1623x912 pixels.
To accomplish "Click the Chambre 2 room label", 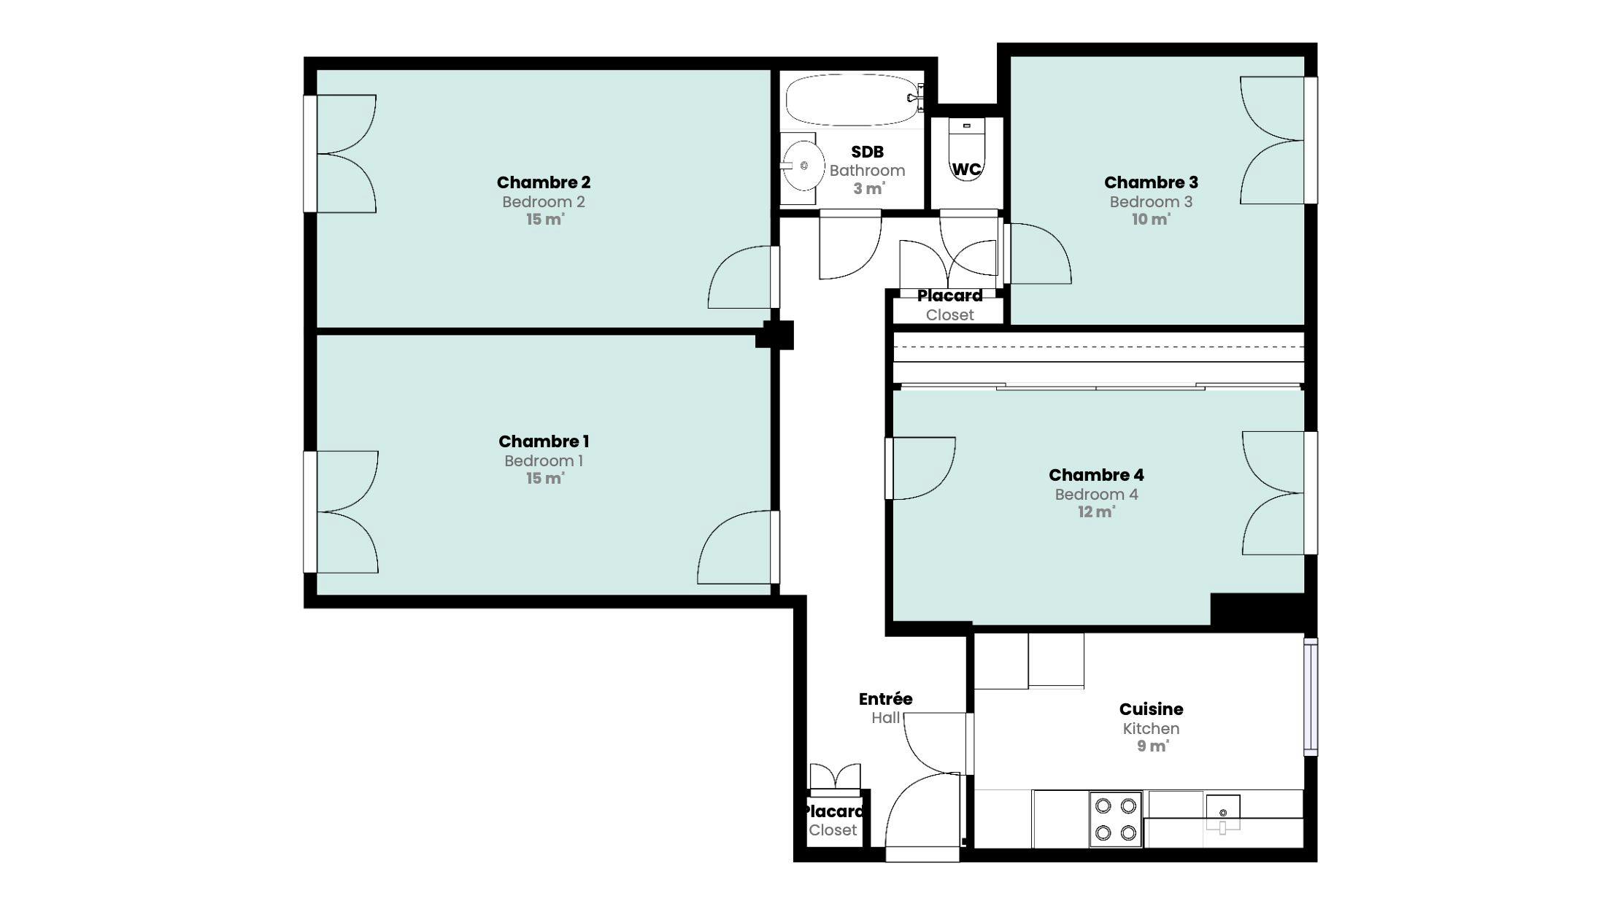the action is [544, 182].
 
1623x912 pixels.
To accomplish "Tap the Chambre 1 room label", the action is [544, 441].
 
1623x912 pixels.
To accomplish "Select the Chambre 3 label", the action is [1151, 182].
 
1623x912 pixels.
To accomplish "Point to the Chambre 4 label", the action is [1096, 475].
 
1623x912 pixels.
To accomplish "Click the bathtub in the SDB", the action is [852, 100].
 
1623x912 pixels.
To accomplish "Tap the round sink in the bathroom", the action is [801, 166].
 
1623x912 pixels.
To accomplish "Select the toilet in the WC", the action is [966, 149].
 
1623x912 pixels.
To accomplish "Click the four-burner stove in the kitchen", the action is [1116, 819].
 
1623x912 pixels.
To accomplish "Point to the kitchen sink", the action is [1223, 812].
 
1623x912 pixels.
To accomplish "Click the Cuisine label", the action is [1151, 709].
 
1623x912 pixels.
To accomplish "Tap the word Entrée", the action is [885, 699].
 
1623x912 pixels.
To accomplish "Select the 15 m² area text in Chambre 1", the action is [545, 478].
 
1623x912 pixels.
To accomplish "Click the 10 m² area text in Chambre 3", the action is [1151, 219].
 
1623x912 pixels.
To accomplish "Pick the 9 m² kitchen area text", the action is [1152, 746].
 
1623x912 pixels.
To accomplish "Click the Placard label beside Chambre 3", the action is [949, 296].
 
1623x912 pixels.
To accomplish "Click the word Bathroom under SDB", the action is [867, 171].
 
